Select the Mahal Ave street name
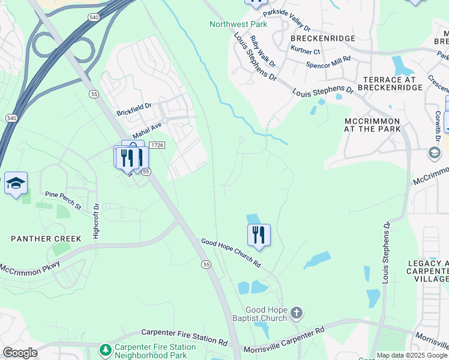pyautogui.click(x=148, y=131)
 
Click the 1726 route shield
pyautogui.click(x=157, y=145)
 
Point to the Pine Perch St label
pyautogui.click(x=63, y=200)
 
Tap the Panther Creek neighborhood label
pyautogui.click(x=46, y=239)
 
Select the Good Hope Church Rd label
pyautogui.click(x=231, y=252)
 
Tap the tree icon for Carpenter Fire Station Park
pyautogui.click(x=106, y=349)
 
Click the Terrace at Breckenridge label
pyautogui.click(x=390, y=83)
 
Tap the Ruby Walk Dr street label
pyautogui.click(x=263, y=52)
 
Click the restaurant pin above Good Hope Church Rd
pyautogui.click(x=259, y=234)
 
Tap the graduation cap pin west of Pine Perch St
pyautogui.click(x=16, y=183)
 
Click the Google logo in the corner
pyautogui.click(x=20, y=353)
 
